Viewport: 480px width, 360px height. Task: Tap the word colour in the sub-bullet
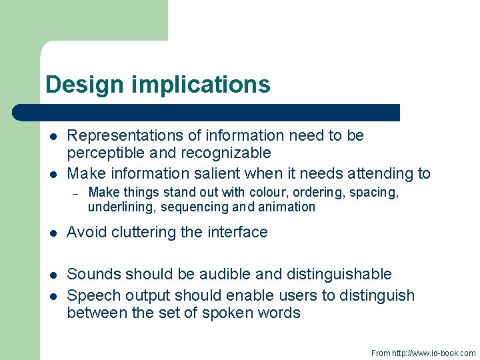[267, 193]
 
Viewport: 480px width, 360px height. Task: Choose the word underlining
[119, 207]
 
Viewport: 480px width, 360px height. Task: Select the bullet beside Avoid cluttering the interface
[52, 233]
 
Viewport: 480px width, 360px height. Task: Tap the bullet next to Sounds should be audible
[52, 275]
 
